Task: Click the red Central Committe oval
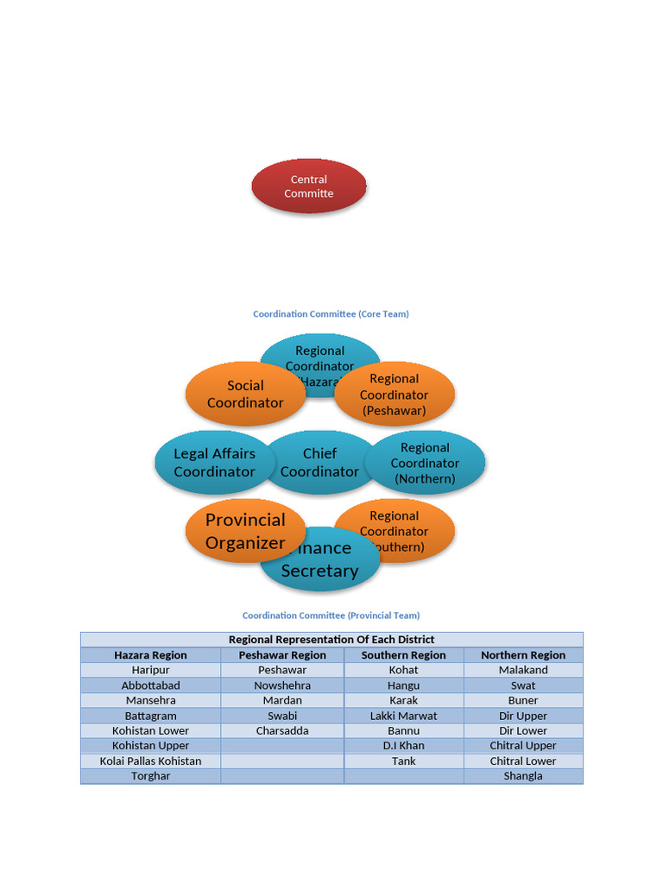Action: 309,186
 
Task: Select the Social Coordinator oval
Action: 245,395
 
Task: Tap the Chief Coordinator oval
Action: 319,463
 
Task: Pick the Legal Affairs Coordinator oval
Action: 214,463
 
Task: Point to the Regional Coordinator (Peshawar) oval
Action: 395,395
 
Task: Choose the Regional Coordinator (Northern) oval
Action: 425,463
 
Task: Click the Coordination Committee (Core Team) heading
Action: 331,314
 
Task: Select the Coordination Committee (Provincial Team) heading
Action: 331,616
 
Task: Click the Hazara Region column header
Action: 150,655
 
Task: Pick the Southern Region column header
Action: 403,655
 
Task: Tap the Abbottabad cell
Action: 150,685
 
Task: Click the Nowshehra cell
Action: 282,685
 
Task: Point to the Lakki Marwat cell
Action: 403,716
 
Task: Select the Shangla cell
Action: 523,776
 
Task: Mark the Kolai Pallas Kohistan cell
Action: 150,761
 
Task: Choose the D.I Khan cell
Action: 403,746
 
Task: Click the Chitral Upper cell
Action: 523,746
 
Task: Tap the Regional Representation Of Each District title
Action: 331,640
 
